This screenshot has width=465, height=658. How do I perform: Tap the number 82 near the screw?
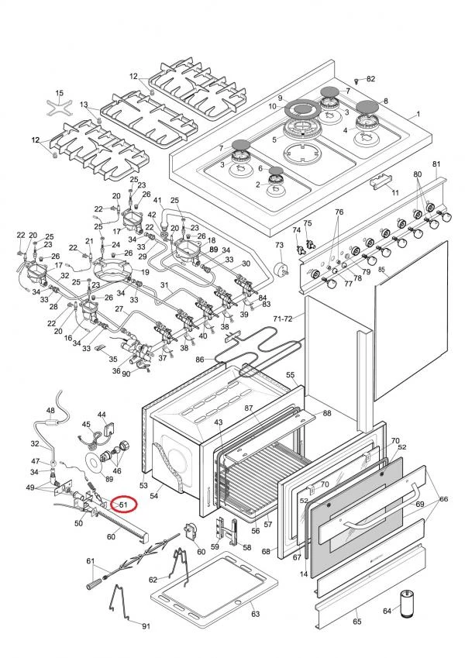tap(370, 80)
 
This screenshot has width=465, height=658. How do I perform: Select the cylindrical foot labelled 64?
tap(408, 603)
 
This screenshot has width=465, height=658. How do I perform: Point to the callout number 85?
tap(382, 270)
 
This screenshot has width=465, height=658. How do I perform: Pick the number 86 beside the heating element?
tap(199, 360)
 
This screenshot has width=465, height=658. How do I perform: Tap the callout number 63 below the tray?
tap(255, 614)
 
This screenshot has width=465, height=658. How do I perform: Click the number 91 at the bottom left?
tap(145, 625)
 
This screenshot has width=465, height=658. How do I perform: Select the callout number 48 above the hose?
tap(50, 411)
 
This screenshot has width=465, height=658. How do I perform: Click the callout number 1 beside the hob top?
tap(418, 114)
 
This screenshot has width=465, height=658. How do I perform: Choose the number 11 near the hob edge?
tap(395, 191)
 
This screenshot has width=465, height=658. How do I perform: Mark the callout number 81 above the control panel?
tap(436, 164)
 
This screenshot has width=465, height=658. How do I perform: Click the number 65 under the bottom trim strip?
tap(356, 622)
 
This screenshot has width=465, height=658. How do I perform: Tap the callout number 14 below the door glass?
tap(304, 573)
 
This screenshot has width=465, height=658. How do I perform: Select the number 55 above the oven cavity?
tap(291, 375)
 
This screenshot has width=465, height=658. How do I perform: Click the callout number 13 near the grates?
tap(84, 105)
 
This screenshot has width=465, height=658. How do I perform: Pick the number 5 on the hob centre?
tap(274, 140)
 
